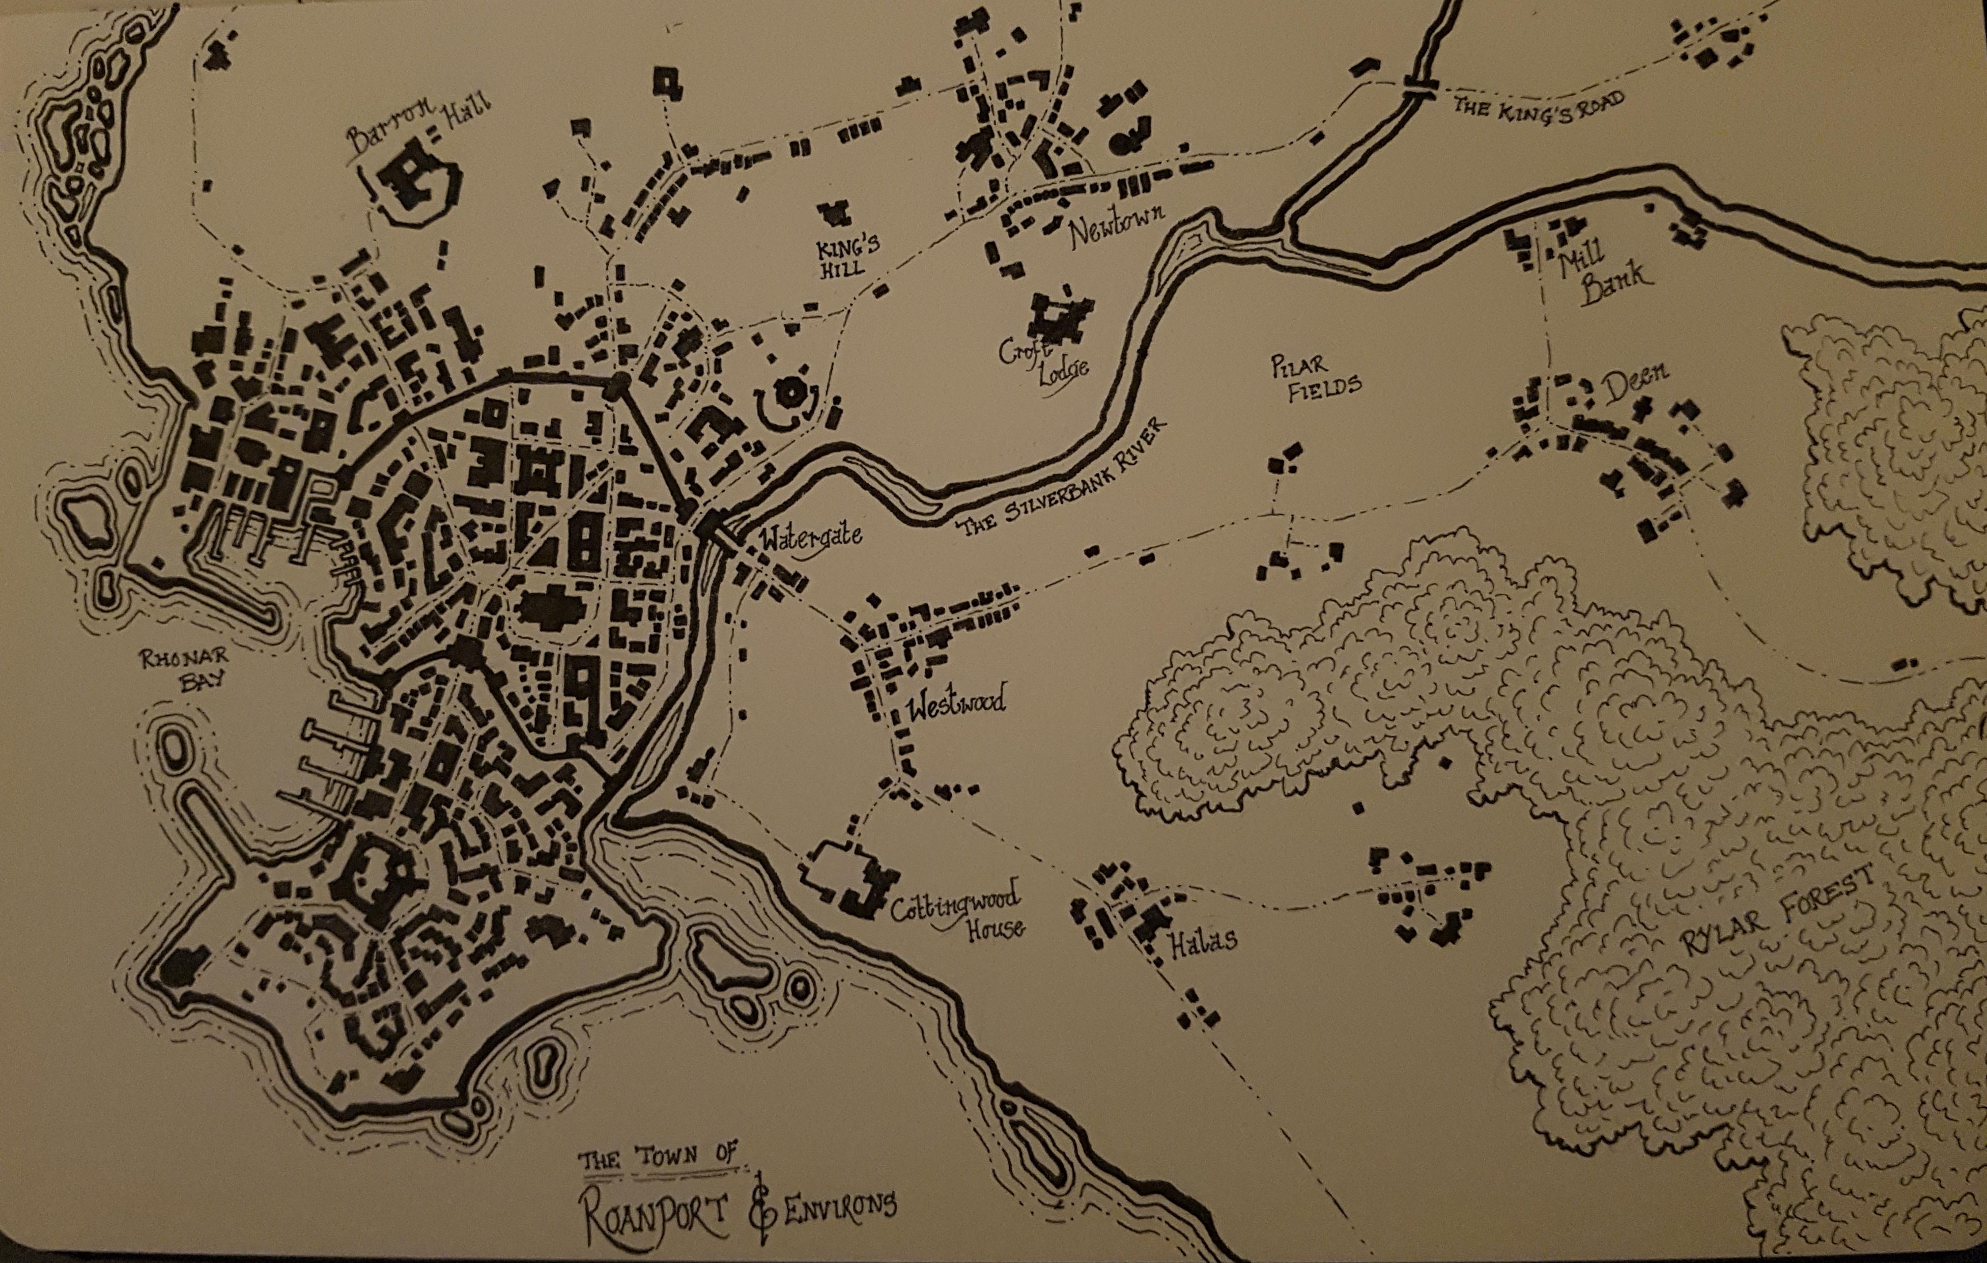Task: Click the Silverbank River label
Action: [x=1064, y=479]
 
